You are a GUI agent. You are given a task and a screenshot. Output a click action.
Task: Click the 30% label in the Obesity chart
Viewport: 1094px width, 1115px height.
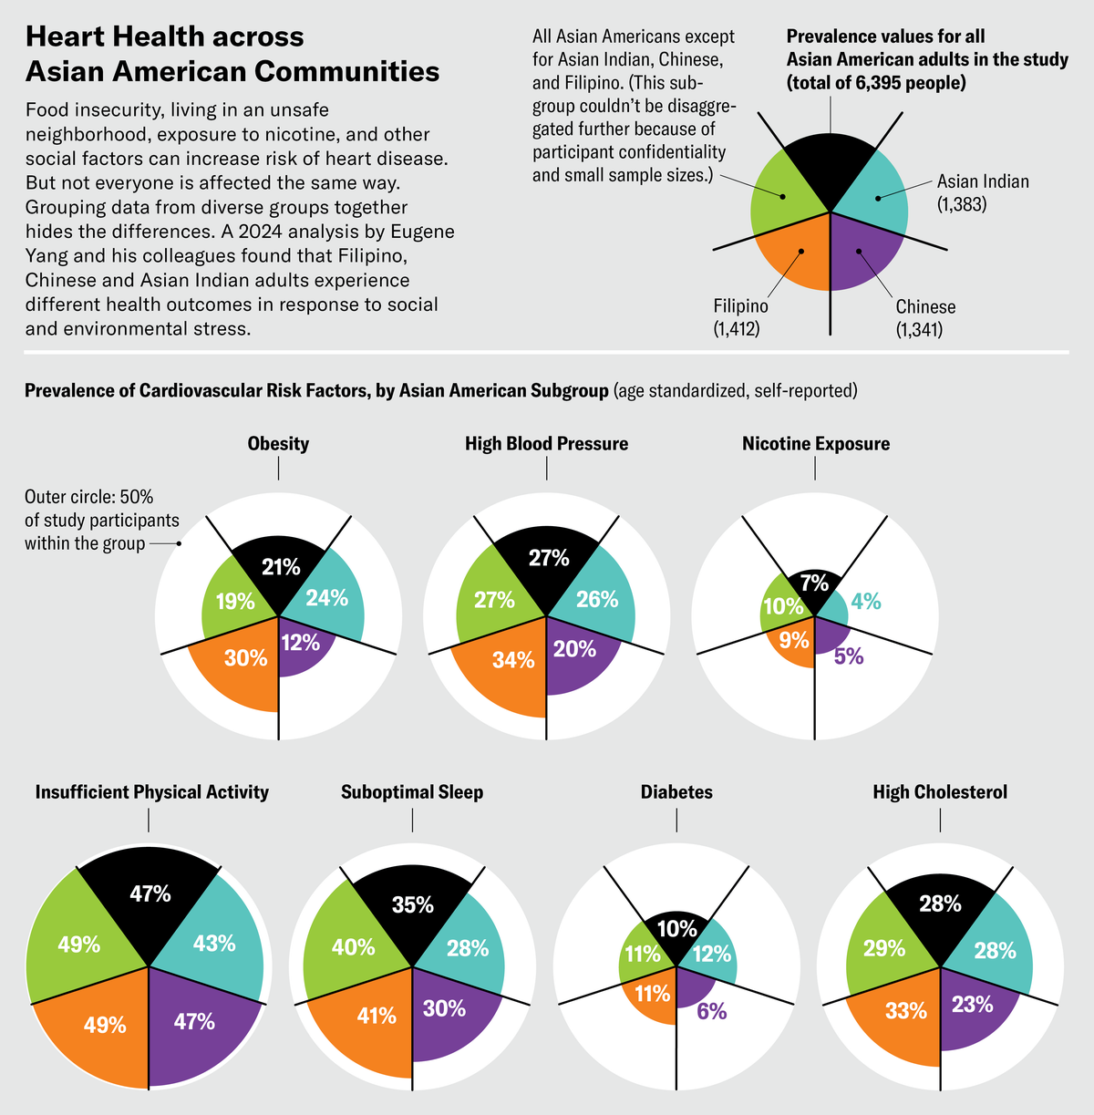pyautogui.click(x=246, y=657)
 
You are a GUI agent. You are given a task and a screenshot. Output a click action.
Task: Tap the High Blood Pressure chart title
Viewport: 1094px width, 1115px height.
pyautogui.click(x=546, y=444)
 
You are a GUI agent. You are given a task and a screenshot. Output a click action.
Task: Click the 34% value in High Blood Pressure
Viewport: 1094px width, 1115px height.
pyautogui.click(x=513, y=659)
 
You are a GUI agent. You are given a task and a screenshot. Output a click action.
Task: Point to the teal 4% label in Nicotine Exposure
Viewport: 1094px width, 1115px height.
pyautogui.click(x=865, y=601)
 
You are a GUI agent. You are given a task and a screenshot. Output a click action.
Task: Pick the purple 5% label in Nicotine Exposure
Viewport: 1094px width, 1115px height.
pyautogui.click(x=849, y=656)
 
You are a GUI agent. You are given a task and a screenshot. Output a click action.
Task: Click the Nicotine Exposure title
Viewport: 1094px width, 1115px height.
pyautogui.click(x=815, y=444)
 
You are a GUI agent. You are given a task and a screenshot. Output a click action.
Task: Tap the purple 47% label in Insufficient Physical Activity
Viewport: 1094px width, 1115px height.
pyautogui.click(x=194, y=1021)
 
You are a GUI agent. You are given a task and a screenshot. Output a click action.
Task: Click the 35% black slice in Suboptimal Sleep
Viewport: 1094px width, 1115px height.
pyautogui.click(x=413, y=904)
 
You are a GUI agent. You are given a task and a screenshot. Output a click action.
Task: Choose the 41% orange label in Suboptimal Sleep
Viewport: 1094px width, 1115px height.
pyautogui.click(x=377, y=1015)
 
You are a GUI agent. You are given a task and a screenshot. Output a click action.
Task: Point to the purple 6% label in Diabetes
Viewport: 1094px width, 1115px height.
pyautogui.click(x=712, y=1011)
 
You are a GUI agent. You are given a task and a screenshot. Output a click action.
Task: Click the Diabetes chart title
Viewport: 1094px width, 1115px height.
pyautogui.click(x=676, y=792)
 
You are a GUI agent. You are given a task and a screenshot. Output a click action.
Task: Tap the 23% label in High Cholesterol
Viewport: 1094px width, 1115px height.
pyautogui.click(x=972, y=1005)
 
